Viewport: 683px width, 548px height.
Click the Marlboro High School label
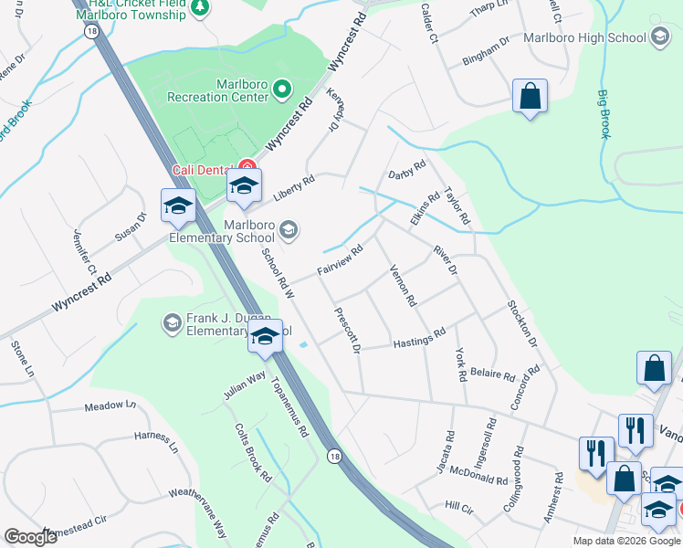[x=584, y=37]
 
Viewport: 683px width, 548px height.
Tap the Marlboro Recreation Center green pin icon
[x=282, y=90]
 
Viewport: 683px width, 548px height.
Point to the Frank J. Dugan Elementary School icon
[x=171, y=321]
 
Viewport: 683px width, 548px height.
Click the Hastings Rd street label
[x=419, y=339]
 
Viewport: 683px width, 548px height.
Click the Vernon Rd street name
[x=403, y=285]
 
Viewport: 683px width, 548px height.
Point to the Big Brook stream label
[x=604, y=113]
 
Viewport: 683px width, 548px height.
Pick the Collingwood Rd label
[x=511, y=479]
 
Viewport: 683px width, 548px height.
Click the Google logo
[x=31, y=537]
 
